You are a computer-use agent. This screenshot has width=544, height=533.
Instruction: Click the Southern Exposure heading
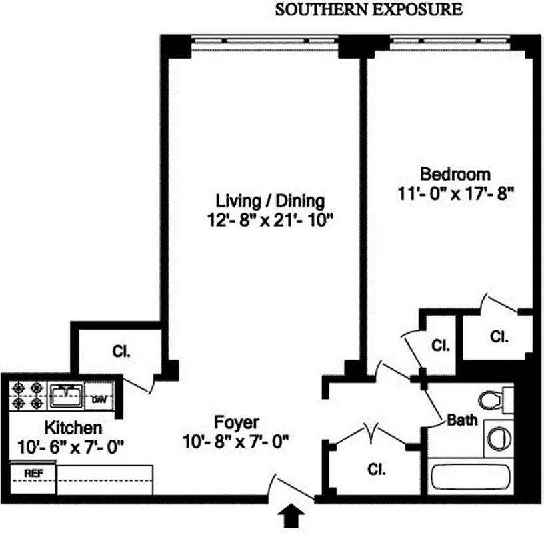368,9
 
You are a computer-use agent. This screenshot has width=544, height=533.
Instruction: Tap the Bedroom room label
455,175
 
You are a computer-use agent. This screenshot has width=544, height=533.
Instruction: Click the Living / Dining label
270,200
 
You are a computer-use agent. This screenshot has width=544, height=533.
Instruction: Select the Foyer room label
237,422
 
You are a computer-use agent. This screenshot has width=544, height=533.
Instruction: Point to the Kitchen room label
73,427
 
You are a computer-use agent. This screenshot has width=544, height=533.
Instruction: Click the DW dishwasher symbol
99,399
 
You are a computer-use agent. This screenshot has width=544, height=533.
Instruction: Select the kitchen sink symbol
66,396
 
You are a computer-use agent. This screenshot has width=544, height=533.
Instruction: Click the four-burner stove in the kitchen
28,395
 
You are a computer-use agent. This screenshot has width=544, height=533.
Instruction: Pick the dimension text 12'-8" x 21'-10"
270,220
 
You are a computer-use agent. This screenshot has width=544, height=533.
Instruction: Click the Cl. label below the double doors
377,469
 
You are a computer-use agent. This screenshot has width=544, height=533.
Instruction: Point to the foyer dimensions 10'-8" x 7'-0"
237,441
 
